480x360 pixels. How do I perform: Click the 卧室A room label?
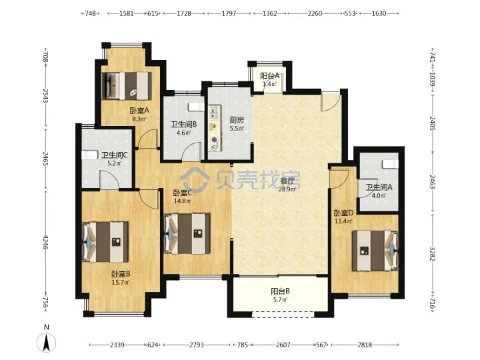pyautogui.click(x=139, y=110)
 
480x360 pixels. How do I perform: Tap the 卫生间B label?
pyautogui.click(x=184, y=124)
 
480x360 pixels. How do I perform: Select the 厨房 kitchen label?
pyautogui.click(x=237, y=120)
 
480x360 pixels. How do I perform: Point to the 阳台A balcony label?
pyautogui.click(x=270, y=75)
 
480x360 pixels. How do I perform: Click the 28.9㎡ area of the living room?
pyautogui.click(x=287, y=189)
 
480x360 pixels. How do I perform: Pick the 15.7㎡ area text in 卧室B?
pyautogui.click(x=121, y=282)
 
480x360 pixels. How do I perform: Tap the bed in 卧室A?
pyautogui.click(x=127, y=86)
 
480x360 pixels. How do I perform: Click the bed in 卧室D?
pyautogui.click(x=375, y=251)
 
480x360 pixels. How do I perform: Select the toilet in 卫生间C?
pyautogui.click(x=89, y=155)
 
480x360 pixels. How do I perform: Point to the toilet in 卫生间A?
pyautogui.click(x=391, y=165)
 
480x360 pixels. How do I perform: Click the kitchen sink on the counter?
pyautogui.click(x=215, y=113)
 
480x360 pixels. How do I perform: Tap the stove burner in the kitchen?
pyautogui.click(x=214, y=140)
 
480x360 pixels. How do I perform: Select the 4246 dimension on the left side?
pyautogui.click(x=45, y=242)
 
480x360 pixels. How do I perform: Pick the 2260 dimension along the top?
pyautogui.click(x=315, y=13)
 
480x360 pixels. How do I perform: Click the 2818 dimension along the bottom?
pyautogui.click(x=365, y=345)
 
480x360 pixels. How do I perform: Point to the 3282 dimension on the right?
pyautogui.click(x=433, y=254)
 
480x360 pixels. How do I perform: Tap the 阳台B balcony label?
pyautogui.click(x=281, y=291)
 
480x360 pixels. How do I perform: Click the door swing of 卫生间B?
pyautogui.click(x=192, y=151)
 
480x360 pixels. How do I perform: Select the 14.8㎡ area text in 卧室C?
pyautogui.click(x=183, y=201)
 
